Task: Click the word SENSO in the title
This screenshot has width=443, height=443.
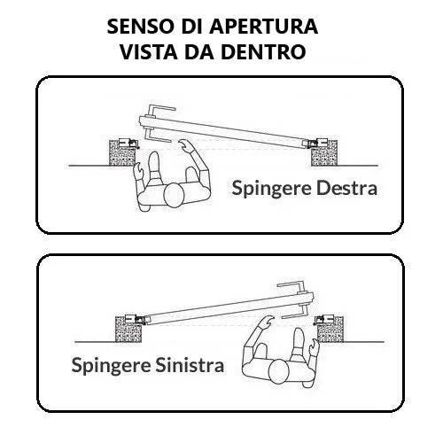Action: point(140,27)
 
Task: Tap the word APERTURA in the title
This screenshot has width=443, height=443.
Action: point(264,27)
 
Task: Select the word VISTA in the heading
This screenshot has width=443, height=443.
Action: point(149,52)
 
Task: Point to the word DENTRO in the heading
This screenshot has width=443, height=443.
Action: point(263,52)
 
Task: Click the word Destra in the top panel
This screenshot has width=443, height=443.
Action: point(346,188)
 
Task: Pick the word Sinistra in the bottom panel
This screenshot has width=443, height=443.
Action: point(190,365)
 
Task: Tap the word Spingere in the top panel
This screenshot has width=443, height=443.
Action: point(271,189)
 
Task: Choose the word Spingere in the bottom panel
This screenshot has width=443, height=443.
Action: point(111,366)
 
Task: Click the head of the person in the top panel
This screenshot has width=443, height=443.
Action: point(175,195)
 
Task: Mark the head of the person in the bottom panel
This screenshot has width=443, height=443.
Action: point(278,371)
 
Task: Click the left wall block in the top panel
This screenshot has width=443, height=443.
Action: point(123,153)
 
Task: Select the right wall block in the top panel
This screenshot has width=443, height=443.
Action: point(324,153)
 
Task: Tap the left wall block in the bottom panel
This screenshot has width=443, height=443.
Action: point(128,330)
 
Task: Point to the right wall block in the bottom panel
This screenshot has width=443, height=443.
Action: point(330,330)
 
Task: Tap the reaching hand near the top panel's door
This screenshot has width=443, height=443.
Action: point(185,144)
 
